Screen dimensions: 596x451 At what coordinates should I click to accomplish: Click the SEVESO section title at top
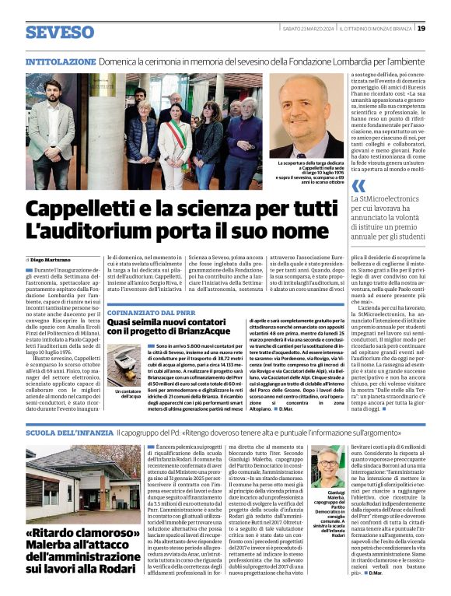pyautogui.click(x=59, y=32)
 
